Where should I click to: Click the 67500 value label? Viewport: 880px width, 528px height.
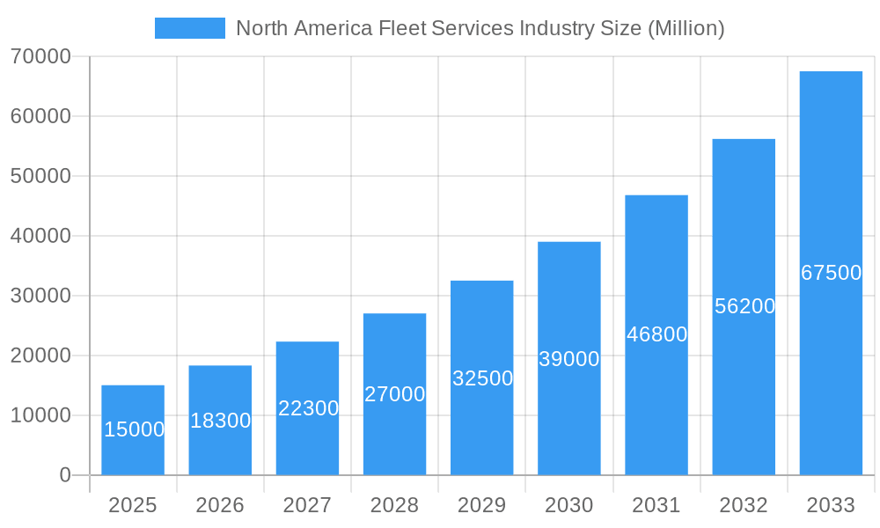(x=831, y=273)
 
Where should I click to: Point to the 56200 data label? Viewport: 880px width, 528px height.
(x=744, y=306)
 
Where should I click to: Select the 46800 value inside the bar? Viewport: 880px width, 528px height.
(x=656, y=334)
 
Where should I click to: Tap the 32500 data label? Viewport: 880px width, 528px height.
(x=482, y=378)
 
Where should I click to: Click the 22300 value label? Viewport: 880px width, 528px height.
(x=308, y=408)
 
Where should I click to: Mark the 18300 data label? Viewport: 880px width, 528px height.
(x=221, y=421)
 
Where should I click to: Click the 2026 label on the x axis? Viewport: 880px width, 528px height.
(x=220, y=505)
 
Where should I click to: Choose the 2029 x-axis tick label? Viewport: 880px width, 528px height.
(x=482, y=505)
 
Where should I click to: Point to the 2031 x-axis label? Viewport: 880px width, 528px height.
(x=656, y=505)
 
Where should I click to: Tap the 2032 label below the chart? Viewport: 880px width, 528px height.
(x=744, y=505)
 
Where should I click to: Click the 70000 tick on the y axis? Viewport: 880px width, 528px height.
(x=40, y=56)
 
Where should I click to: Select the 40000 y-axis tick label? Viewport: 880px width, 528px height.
(x=40, y=236)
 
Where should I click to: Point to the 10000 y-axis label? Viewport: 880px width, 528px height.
(x=40, y=415)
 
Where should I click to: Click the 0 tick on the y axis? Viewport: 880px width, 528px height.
(x=65, y=475)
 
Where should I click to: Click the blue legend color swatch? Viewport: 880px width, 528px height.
(x=190, y=28)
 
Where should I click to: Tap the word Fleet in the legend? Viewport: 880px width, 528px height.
(x=402, y=28)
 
